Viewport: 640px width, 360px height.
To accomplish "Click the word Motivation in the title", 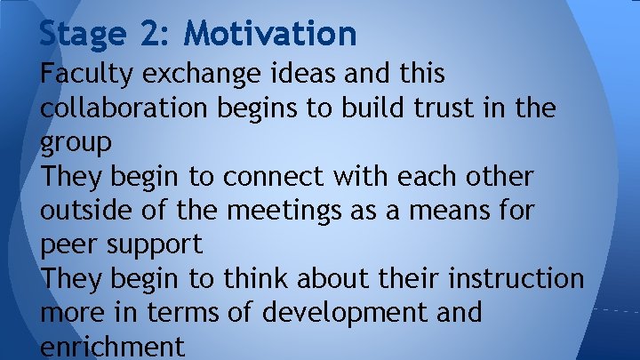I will click(x=270, y=34).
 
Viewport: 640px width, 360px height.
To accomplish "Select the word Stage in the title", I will click(x=81, y=34).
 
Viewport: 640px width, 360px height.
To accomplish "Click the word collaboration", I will click(x=124, y=108).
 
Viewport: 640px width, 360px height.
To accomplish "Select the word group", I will click(x=76, y=143).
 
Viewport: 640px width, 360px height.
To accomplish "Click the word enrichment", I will click(x=112, y=347).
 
